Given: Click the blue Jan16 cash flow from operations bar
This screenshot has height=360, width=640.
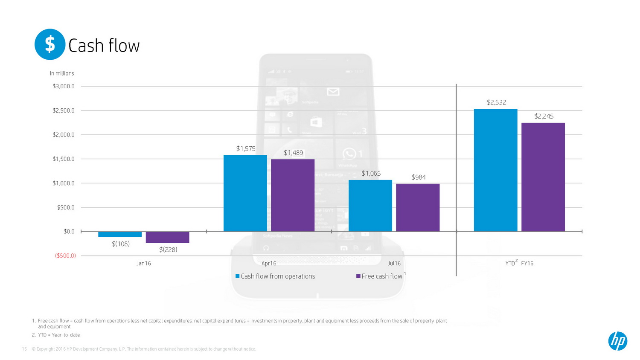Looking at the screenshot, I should pyautogui.click(x=120, y=234).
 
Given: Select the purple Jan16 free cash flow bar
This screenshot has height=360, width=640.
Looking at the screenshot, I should pyautogui.click(x=167, y=237).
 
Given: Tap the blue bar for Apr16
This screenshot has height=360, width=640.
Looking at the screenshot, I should pyautogui.click(x=245, y=193).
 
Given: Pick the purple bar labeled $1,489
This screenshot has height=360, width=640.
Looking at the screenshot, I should pyautogui.click(x=293, y=195).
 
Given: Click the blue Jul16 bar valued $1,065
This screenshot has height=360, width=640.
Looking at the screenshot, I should pyautogui.click(x=370, y=206).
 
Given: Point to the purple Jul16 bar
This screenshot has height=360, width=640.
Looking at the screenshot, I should pyautogui.click(x=418, y=208).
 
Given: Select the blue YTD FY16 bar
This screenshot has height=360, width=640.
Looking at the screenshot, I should pyautogui.click(x=495, y=170).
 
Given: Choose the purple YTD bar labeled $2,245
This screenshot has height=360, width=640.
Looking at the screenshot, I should pyautogui.click(x=543, y=177).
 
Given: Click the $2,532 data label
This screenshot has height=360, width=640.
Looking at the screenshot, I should pyautogui.click(x=496, y=102).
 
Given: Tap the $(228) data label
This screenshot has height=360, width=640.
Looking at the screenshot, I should pyautogui.click(x=168, y=250).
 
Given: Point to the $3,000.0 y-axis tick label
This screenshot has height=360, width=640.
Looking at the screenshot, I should pyautogui.click(x=64, y=86).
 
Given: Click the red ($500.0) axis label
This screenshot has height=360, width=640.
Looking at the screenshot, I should pyautogui.click(x=65, y=256).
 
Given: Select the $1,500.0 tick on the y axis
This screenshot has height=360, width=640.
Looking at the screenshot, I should pyautogui.click(x=64, y=159).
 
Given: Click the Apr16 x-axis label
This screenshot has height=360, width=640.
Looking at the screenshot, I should pyautogui.click(x=269, y=264).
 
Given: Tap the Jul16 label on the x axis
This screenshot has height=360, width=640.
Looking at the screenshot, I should pyautogui.click(x=394, y=264).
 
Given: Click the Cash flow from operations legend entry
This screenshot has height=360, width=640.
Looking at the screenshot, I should pyautogui.click(x=275, y=276).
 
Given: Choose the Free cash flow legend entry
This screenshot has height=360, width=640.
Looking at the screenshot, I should pyautogui.click(x=380, y=276).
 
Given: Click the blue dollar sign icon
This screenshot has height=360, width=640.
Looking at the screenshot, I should pyautogui.click(x=50, y=44).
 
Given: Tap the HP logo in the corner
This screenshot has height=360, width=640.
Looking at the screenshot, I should pyautogui.click(x=617, y=341).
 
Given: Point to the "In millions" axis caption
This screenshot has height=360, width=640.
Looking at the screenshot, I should pyautogui.click(x=62, y=73).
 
